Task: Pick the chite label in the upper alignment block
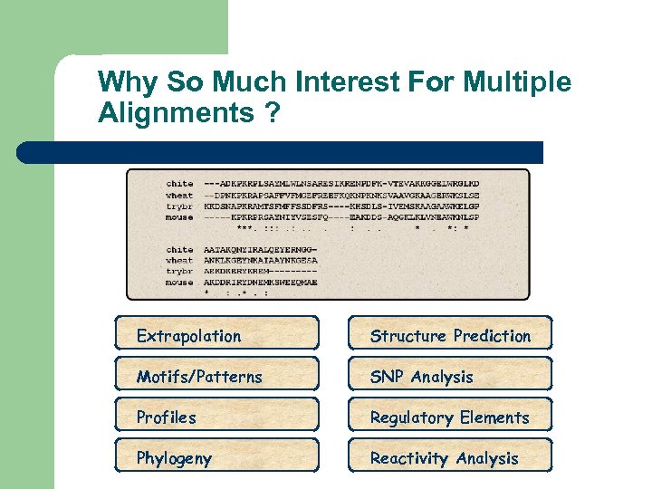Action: [179, 184]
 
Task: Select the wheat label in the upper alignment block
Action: [179, 195]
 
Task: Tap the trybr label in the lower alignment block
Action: [179, 271]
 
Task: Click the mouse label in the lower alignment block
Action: [179, 282]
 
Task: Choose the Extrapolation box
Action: [216, 336]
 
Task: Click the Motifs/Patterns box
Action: [216, 377]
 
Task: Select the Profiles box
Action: [216, 417]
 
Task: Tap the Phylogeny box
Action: [216, 458]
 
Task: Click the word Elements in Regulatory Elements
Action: [494, 417]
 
